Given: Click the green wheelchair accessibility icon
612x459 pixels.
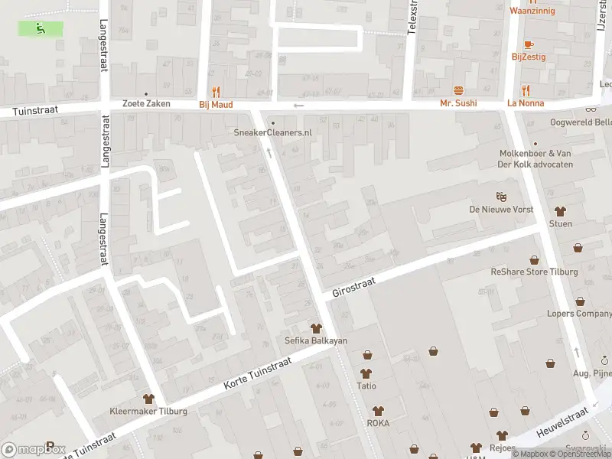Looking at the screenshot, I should (x=41, y=28).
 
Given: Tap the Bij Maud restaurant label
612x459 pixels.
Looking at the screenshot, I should (x=216, y=104).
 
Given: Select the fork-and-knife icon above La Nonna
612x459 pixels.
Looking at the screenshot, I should (x=526, y=90).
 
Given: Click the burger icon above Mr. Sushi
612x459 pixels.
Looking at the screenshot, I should (x=458, y=90).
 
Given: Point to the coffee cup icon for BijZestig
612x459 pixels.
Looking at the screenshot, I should (x=529, y=44).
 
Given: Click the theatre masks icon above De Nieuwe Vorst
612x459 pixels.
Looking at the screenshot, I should (x=501, y=197).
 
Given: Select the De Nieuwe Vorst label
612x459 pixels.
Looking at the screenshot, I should (x=501, y=210).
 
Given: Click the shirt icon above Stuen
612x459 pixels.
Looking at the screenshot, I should (x=560, y=211).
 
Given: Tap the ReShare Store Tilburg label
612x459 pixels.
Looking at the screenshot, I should (x=534, y=272).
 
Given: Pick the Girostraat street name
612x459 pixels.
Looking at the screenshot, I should (x=354, y=288).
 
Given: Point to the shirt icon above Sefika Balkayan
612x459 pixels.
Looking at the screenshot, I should (x=315, y=327).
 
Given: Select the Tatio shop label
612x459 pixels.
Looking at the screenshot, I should (x=366, y=386).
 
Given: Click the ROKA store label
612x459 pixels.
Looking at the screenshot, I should (x=377, y=422).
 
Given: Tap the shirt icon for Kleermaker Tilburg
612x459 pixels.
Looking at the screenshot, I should (x=148, y=399).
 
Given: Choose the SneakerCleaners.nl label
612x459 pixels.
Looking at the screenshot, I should (x=273, y=132).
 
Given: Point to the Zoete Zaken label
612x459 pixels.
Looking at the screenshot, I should (x=145, y=104).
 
